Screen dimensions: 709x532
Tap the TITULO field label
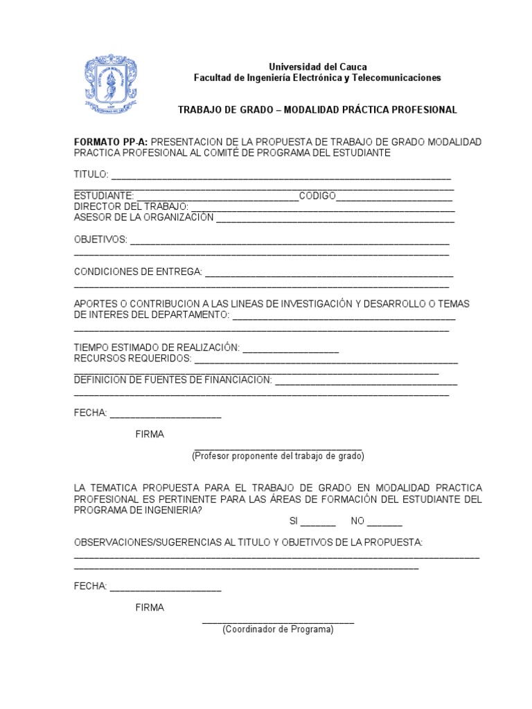91,174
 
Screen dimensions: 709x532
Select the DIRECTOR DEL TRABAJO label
131,207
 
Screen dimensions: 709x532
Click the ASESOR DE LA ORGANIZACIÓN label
144,217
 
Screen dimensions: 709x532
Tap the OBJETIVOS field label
100,240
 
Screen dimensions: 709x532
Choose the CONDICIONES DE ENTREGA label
138,271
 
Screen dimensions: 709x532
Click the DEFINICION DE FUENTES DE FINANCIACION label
172,380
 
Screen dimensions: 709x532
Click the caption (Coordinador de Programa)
278,630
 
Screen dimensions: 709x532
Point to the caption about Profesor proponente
278,456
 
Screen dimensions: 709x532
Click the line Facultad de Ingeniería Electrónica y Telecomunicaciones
317,78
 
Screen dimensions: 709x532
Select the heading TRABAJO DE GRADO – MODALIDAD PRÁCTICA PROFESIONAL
317,110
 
